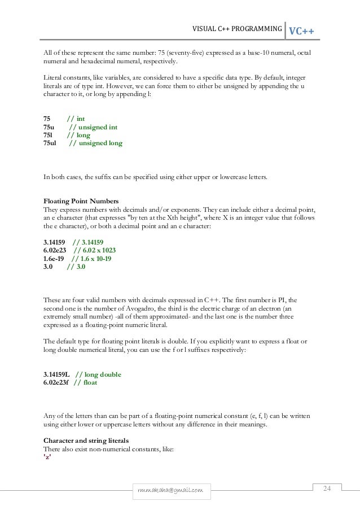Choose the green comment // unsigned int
tap(93, 127)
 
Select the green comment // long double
tap(99, 374)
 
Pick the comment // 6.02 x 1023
tap(95, 250)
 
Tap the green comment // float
tap(86, 382)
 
